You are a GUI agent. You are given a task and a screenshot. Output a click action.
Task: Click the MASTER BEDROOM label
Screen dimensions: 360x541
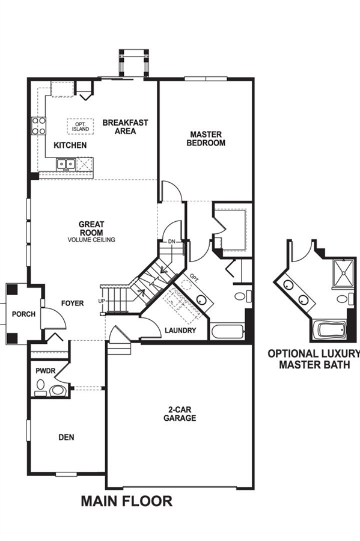pos(206,138)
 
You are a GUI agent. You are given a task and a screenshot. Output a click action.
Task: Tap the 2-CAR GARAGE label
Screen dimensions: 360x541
pos(180,414)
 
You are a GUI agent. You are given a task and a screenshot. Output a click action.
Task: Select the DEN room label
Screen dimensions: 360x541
pos(66,437)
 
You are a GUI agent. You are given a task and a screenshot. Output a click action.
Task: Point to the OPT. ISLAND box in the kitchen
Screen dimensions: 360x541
pos(81,126)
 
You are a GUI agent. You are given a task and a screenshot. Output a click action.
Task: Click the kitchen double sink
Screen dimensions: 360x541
pos(66,164)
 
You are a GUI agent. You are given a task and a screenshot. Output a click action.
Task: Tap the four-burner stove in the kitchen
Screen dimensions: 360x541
pos(38,126)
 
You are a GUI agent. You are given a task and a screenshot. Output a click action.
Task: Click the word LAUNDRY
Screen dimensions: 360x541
pos(180,330)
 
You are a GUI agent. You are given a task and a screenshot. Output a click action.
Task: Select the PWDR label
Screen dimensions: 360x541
pos(43,371)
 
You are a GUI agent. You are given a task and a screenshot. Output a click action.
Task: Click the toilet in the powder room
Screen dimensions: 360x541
pos(58,390)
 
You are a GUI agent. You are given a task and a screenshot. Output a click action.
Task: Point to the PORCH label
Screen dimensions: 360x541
pos(23,314)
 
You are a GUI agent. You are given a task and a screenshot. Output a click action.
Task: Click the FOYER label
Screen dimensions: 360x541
pos(72,304)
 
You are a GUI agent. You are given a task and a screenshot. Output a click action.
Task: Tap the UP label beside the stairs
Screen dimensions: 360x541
pos(102,301)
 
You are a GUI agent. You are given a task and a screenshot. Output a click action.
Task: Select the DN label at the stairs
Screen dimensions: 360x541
pos(172,242)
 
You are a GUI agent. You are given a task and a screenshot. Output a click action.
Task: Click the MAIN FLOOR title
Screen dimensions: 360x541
pos(127,501)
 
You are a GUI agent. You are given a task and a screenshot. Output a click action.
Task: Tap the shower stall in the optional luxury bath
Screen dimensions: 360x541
pos(343,274)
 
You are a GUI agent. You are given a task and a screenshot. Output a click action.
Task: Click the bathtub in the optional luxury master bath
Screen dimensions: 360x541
pos(329,330)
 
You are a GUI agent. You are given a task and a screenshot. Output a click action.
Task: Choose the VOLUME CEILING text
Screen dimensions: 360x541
pos(91,240)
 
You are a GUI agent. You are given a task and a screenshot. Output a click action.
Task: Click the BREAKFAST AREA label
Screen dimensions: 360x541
pos(125,127)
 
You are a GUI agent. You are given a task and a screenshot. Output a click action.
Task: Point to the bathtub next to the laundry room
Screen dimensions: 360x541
pos(227,331)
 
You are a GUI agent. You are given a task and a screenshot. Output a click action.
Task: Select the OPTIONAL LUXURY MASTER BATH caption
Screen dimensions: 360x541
pos(314,359)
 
